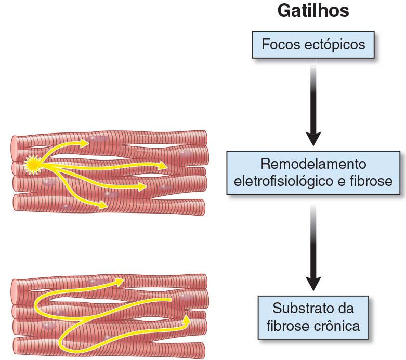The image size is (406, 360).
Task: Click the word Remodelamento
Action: coord(313,165)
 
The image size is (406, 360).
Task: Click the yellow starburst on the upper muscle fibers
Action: coord(33,166)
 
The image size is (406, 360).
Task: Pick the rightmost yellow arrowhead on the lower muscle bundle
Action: coord(186,318)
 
